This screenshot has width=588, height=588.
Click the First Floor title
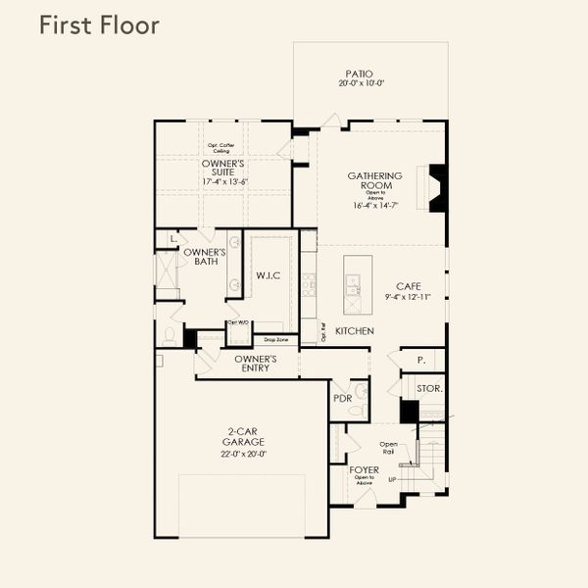pos(99,25)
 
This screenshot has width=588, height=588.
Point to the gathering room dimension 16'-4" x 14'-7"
pos(375,206)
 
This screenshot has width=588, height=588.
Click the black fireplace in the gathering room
pos(438,188)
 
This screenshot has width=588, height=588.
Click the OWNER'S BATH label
pos(205,257)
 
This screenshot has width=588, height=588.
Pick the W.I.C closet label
pos(268,275)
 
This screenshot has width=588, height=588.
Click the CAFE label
pos(408,286)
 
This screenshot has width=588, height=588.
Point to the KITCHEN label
pos(354,331)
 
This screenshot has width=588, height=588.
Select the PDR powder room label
pos(342,398)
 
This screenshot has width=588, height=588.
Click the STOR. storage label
pos(429,388)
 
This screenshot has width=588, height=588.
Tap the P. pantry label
pos(419,361)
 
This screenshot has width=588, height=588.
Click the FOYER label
pos(365,470)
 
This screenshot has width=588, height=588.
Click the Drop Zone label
pos(275,340)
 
